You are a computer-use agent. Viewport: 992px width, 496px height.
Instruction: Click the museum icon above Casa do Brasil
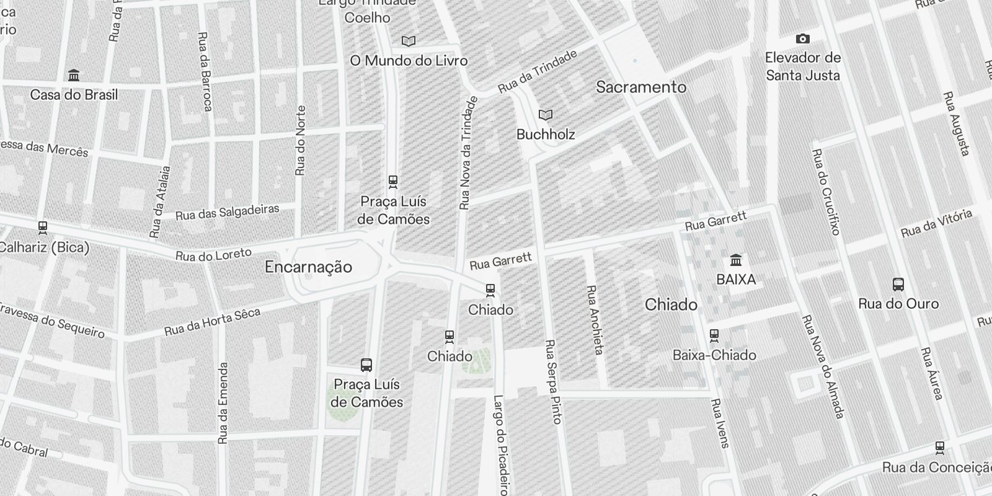click(74, 76)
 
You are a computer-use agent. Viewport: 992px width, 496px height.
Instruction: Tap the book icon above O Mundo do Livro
click(408, 42)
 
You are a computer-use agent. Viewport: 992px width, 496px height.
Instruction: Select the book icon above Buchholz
click(546, 115)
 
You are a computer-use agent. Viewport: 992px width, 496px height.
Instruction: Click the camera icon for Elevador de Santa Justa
click(802, 39)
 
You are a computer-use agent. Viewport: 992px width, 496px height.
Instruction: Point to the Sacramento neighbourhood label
click(641, 87)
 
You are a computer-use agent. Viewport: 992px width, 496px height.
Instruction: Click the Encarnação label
click(308, 267)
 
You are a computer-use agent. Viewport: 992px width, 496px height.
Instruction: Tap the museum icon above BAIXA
click(736, 260)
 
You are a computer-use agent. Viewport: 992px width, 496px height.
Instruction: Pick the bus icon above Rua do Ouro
click(898, 285)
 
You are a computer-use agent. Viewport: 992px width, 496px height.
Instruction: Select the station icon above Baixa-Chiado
click(714, 335)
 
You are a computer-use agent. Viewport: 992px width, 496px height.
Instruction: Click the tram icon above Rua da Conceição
click(940, 448)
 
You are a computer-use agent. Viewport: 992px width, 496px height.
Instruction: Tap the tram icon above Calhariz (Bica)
click(42, 228)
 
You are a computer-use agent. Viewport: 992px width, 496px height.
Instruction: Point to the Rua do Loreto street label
click(213, 254)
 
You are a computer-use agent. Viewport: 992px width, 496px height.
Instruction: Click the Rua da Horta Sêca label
click(211, 322)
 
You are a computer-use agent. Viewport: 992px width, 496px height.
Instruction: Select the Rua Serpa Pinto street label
click(553, 381)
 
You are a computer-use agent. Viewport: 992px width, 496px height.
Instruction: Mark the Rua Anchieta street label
click(595, 320)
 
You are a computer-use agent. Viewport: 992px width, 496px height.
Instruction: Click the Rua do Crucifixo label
click(826, 192)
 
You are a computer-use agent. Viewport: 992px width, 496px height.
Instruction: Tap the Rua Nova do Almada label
click(823, 366)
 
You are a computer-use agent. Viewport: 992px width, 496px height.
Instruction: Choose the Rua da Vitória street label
click(936, 224)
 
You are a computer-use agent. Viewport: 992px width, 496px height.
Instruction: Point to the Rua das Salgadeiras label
click(227, 212)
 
